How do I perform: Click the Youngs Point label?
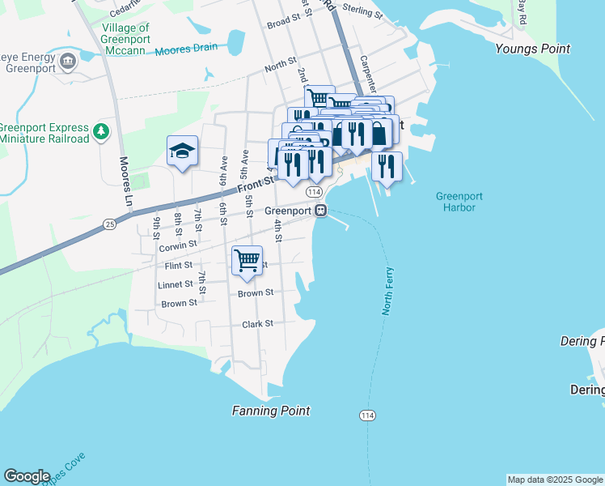click(x=532, y=49)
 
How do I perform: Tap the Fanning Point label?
click(x=271, y=411)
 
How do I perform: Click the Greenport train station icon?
click(x=321, y=211)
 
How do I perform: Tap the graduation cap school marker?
click(x=183, y=151)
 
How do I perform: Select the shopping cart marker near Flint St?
click(x=247, y=261)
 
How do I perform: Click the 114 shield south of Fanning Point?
click(x=367, y=416)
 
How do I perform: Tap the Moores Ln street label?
click(x=125, y=174)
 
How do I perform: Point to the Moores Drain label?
click(x=187, y=48)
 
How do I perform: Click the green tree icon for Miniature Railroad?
click(x=100, y=130)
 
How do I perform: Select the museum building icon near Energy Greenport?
click(x=68, y=60)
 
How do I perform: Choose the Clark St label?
click(x=257, y=323)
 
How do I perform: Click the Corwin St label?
click(x=178, y=244)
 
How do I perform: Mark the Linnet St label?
click(x=176, y=284)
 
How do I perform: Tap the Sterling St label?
click(x=362, y=12)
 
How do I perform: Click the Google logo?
click(x=27, y=476)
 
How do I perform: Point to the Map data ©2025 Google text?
click(x=554, y=480)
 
